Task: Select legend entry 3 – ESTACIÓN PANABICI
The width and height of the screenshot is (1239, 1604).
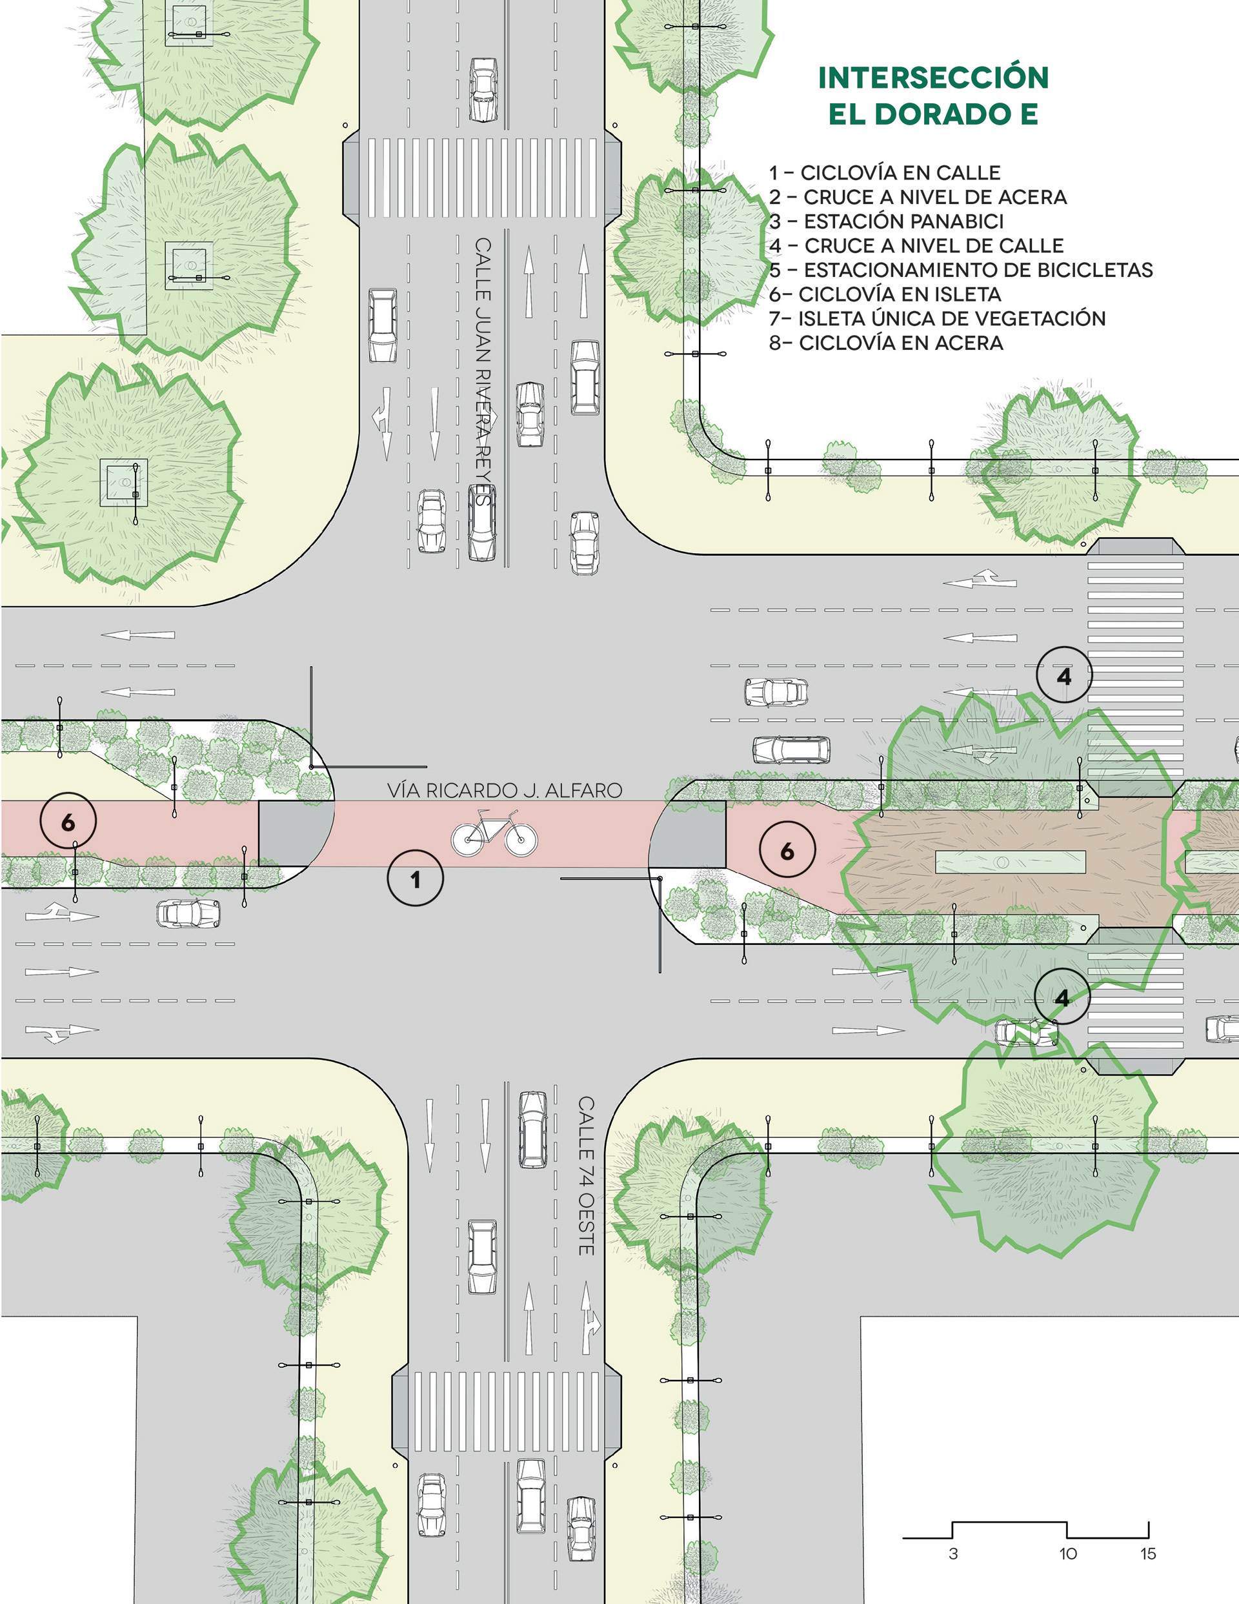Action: click(x=886, y=221)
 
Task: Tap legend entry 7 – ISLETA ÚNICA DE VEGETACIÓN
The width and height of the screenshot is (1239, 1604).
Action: click(x=936, y=319)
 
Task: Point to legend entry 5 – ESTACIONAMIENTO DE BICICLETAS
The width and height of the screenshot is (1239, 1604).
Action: click(x=961, y=270)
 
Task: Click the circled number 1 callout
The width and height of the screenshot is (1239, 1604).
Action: click(x=415, y=878)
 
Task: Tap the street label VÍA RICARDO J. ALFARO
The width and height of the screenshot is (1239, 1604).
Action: click(x=505, y=790)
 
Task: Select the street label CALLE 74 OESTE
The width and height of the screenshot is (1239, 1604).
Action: click(x=585, y=1175)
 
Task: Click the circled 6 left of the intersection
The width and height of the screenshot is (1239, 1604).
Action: click(x=68, y=821)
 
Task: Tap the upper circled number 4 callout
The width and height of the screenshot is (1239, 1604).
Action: click(x=1063, y=675)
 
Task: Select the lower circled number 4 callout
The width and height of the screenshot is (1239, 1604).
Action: click(x=1062, y=997)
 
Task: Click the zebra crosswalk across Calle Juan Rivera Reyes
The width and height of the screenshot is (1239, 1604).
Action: click(x=482, y=178)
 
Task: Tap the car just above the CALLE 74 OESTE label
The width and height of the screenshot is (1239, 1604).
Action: click(x=532, y=1129)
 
